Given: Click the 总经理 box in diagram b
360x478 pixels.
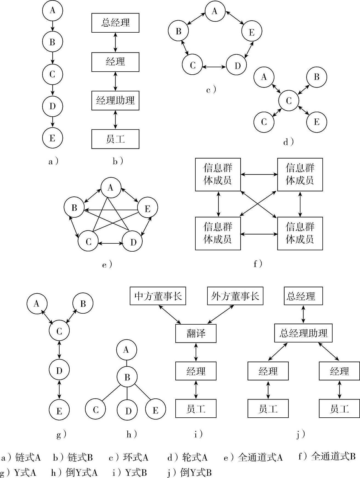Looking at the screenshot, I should pos(115,23).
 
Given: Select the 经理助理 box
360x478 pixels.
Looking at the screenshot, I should pos(115,100).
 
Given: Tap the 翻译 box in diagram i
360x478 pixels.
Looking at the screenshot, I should pos(196,333).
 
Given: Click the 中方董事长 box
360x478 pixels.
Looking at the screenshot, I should pos(158,296).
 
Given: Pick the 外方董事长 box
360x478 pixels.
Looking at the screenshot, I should pos(235,296).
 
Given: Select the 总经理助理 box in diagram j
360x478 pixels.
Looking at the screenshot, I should pos(303,333).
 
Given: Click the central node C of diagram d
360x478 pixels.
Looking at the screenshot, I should pos(289,101).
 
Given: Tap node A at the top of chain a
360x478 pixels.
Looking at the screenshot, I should pos(52,10).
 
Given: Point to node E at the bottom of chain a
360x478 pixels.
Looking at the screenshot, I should pos(52,138).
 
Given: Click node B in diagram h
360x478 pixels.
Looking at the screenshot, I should pos(127,377).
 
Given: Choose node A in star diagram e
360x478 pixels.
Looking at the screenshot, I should pos(111,188).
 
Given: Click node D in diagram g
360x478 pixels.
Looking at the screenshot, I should pos(59,370).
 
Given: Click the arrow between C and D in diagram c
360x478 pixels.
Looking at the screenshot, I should pos(214,66).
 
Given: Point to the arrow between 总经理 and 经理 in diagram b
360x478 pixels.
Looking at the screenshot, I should pos(115,42).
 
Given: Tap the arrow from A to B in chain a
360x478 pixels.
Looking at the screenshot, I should pos(52,26).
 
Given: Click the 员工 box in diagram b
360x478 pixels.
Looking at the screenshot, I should pos(115,139).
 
